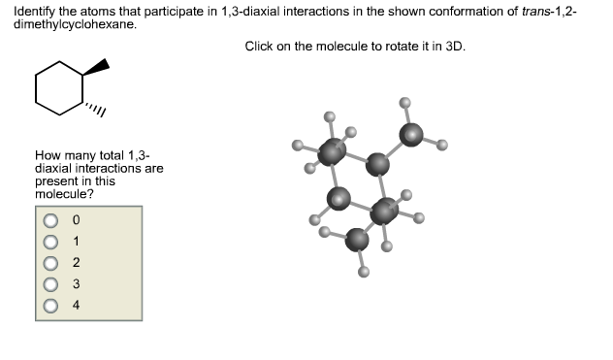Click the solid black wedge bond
96,71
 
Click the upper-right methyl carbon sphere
412,135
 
